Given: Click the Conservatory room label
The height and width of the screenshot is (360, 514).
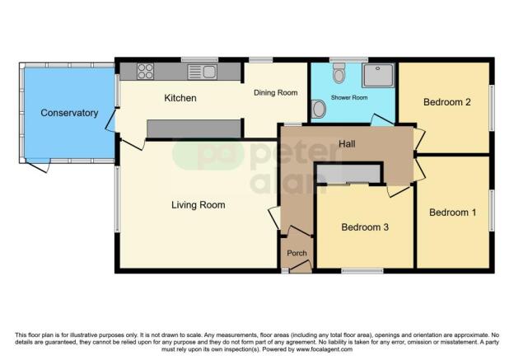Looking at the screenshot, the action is point(69,113).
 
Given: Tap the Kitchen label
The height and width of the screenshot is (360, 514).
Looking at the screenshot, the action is point(180,98).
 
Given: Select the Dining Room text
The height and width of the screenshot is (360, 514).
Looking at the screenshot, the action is point(276,93).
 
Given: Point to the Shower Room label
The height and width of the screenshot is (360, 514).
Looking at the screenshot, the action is point(349,97).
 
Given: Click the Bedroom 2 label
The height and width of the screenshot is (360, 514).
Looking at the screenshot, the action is point(446,102).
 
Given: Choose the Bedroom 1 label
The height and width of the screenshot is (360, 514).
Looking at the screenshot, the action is point(452,213).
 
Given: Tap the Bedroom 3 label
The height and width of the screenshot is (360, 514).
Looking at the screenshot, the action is point(365,227).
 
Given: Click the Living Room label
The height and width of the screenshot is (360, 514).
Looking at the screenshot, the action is point(199,205).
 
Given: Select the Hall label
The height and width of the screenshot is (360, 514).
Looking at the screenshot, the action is point(347,143).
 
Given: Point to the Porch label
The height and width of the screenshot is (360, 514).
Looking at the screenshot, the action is point(297,253).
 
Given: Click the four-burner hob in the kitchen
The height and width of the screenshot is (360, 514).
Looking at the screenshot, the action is point(145,71).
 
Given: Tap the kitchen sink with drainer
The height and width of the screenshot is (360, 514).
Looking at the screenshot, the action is point(202,72).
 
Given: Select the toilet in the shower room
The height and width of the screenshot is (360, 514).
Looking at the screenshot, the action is point(339,72).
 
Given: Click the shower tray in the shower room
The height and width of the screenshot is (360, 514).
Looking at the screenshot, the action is point(378,75).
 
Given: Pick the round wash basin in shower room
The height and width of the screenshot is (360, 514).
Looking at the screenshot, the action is point(318,109).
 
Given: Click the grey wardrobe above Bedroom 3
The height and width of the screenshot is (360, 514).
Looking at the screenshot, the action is point(348,174).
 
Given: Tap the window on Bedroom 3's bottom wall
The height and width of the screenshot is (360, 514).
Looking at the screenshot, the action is point(362,271).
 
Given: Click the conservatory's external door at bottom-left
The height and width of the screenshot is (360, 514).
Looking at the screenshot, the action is point(38,166).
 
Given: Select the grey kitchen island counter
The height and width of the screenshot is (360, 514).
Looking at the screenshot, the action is point(194,129).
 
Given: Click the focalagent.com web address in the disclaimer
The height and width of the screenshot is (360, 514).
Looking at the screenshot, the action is point(325,349).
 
